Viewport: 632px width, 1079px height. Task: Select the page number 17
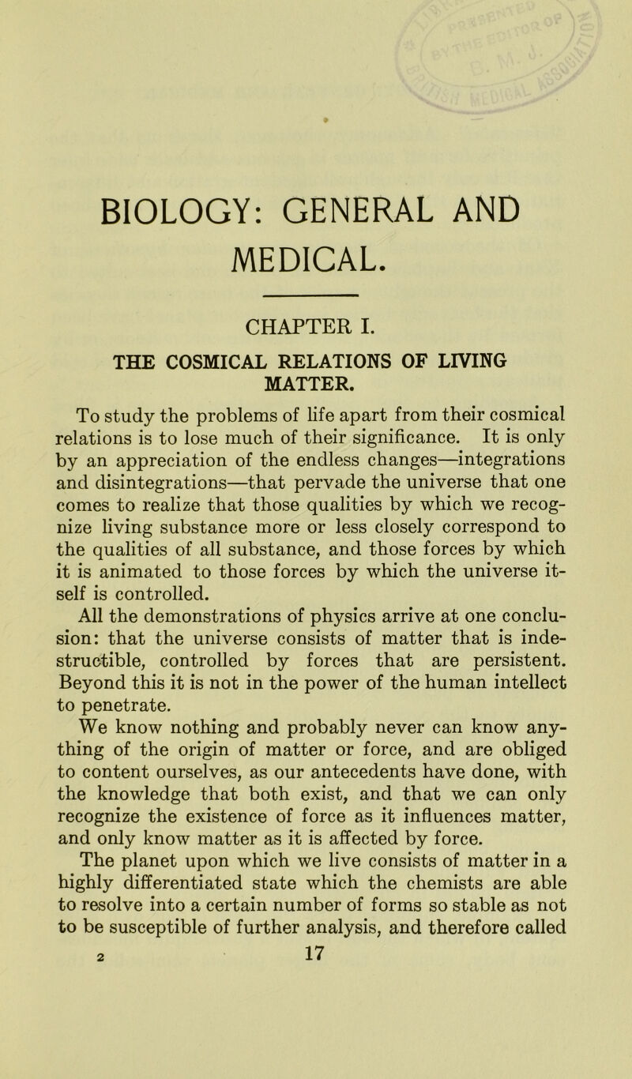pos(314,1055)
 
